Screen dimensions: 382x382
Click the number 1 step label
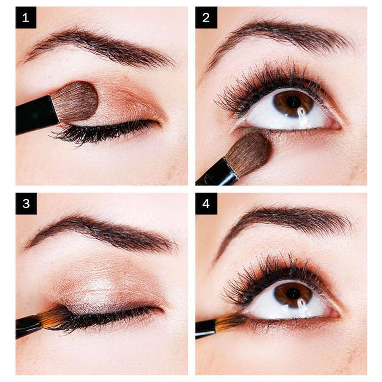(x=26, y=18)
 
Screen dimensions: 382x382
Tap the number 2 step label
(x=206, y=18)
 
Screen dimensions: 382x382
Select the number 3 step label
(x=26, y=204)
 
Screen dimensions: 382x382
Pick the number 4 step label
(x=206, y=204)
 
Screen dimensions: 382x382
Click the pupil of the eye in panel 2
(x=293, y=102)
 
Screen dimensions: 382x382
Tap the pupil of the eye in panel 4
(x=293, y=293)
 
